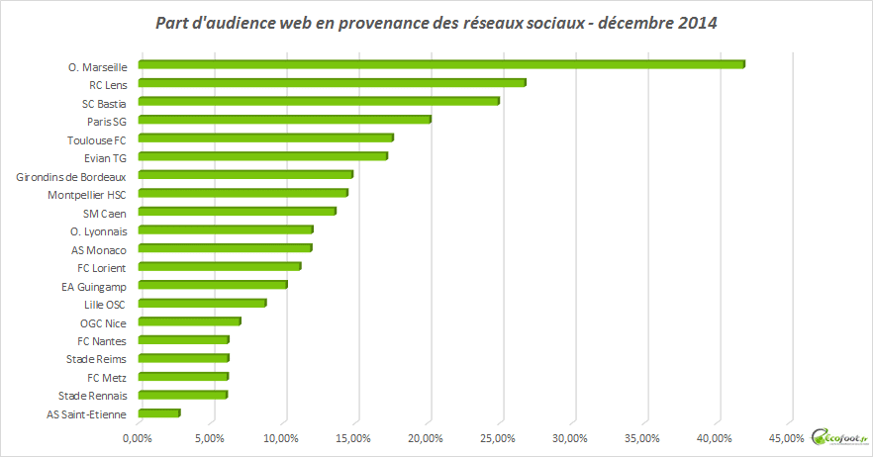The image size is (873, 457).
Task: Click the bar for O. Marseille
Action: pos(440,65)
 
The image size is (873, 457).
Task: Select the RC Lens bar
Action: pos(332,83)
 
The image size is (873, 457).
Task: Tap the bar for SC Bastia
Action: pos(318,101)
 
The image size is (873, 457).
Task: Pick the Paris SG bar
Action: pos(284,120)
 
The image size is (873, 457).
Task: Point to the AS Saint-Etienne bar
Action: pos(158,412)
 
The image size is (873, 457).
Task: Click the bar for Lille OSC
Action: pos(202,303)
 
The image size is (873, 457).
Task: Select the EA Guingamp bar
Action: pos(212,285)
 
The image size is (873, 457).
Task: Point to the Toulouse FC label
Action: pos(96,138)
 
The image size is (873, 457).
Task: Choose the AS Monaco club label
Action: pos(99,248)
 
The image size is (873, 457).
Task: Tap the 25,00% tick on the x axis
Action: pos(497,437)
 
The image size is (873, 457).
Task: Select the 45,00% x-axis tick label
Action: pos(786,437)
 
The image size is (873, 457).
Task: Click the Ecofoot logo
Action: pos(838,436)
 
